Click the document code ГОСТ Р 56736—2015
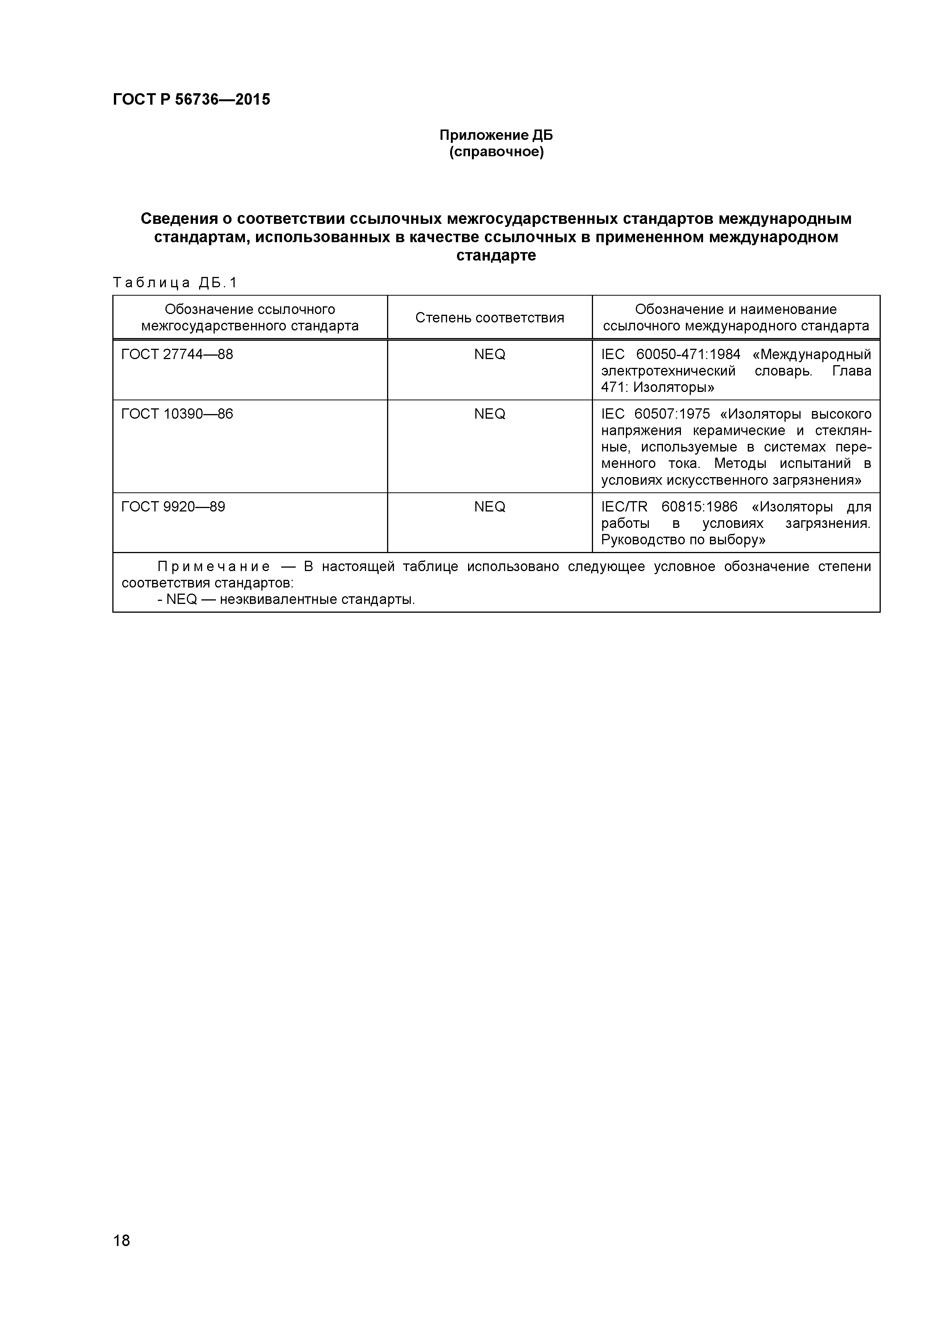click(191, 100)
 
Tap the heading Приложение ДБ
click(496, 135)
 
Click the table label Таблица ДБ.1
click(175, 283)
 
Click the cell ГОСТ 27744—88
click(177, 354)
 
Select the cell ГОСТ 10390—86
click(177, 414)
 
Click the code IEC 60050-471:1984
click(670, 354)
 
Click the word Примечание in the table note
click(214, 567)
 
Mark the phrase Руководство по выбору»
click(682, 540)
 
